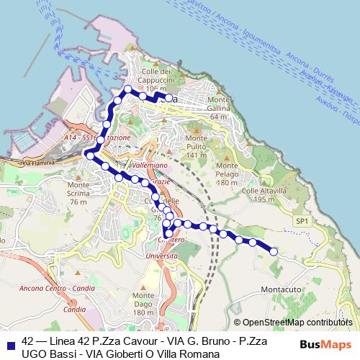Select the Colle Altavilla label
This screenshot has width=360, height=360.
(264, 194)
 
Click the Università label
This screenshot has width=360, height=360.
(161, 256)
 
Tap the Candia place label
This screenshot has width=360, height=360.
(75, 310)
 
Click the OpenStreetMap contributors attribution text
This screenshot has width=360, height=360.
(297, 323)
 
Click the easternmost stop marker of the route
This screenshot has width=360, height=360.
(274, 251)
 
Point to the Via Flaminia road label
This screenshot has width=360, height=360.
(39, 163)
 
